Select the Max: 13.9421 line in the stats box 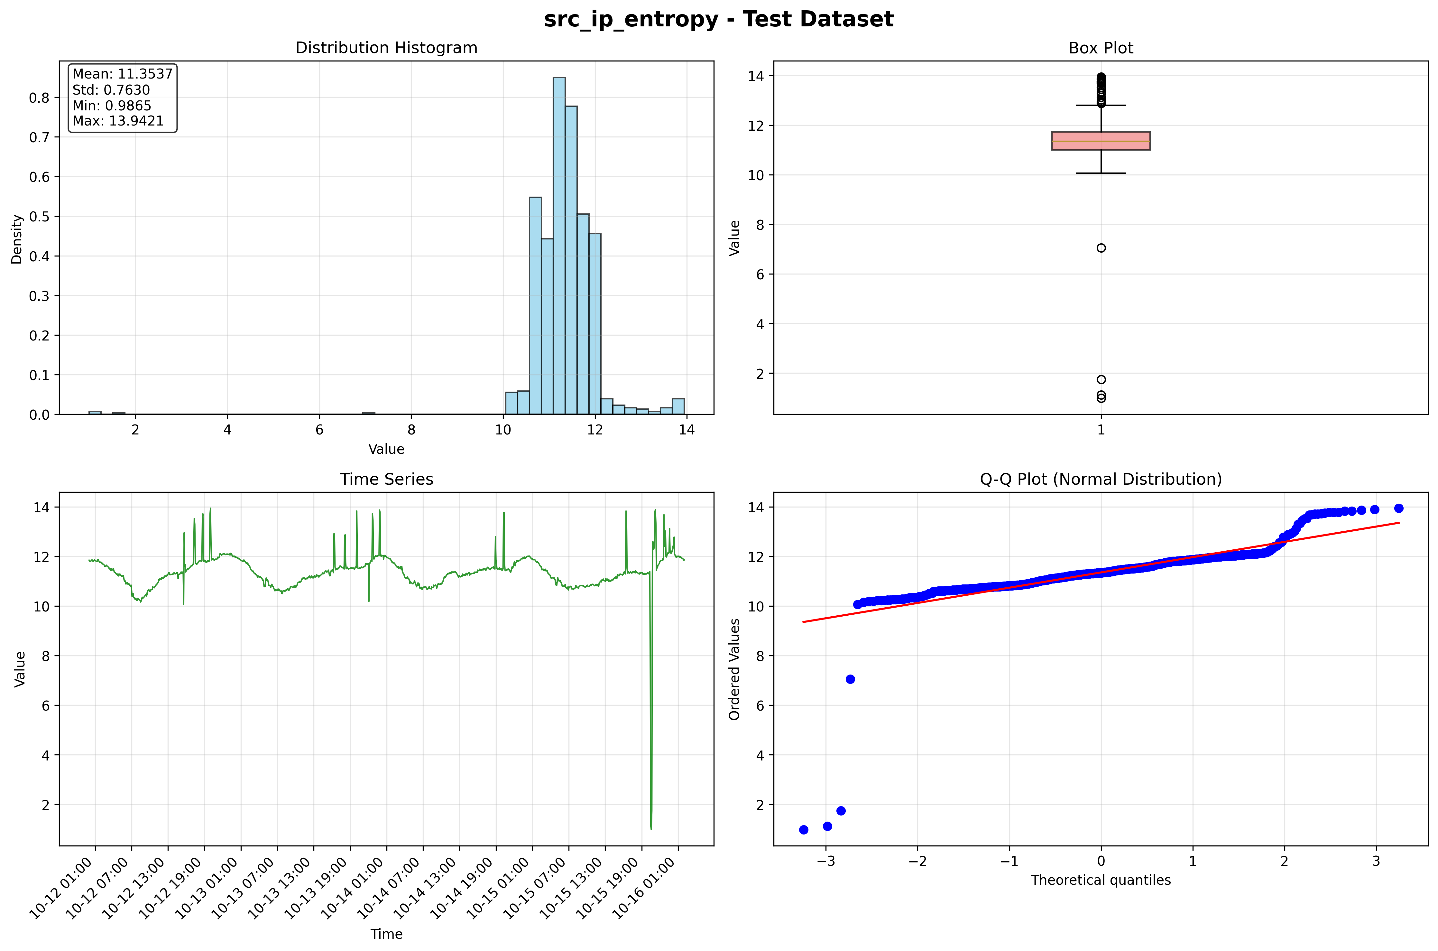(x=118, y=121)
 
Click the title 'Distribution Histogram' (x=386, y=48)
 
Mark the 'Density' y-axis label (x=17, y=238)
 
